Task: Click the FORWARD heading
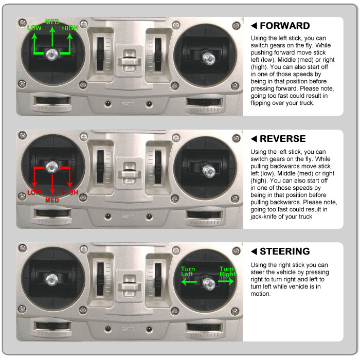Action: click(x=285, y=26)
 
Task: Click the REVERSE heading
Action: click(x=283, y=139)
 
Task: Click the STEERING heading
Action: click(x=285, y=251)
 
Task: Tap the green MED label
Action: click(x=52, y=22)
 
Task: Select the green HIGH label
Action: click(x=70, y=28)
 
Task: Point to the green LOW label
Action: click(x=34, y=28)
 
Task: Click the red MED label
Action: click(x=52, y=200)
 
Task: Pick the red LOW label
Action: click(x=34, y=192)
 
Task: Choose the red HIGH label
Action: click(x=70, y=192)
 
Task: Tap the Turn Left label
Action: click(x=188, y=272)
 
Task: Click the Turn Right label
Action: click(x=227, y=272)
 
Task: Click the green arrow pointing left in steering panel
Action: click(x=189, y=282)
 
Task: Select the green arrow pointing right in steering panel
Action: click(x=226, y=281)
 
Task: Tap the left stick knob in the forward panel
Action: click(x=52, y=55)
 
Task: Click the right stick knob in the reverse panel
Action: click(x=209, y=171)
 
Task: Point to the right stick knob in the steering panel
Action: click(x=209, y=283)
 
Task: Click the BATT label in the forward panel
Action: click(x=128, y=104)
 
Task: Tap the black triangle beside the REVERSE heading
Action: click(x=254, y=139)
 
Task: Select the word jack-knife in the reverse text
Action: click(x=263, y=217)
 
